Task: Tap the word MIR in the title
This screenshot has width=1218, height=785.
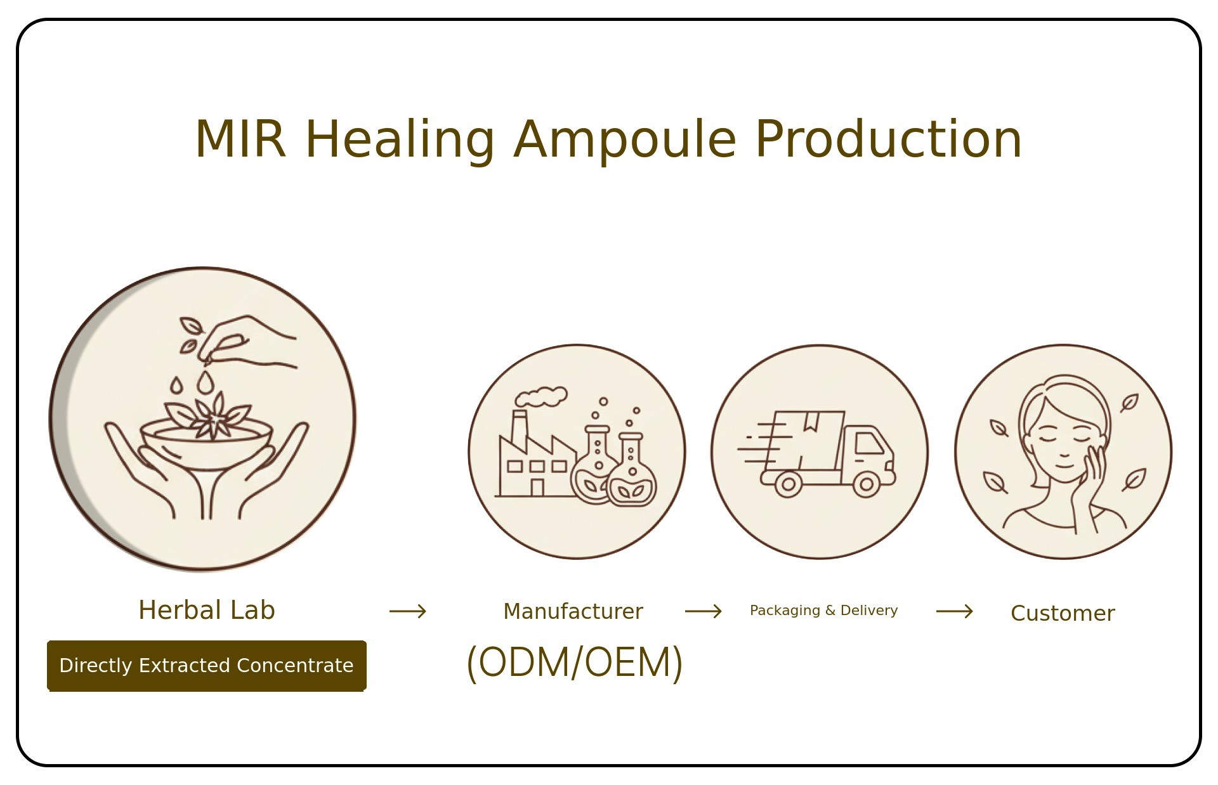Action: pyautogui.click(x=240, y=139)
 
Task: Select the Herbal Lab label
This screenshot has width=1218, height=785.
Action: pyautogui.click(x=207, y=610)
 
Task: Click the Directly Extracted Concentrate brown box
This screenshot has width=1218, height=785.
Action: pyautogui.click(x=207, y=666)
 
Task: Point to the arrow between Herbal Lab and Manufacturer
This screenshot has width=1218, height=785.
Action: pyautogui.click(x=408, y=611)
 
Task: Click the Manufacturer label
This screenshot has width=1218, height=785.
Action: pyautogui.click(x=573, y=611)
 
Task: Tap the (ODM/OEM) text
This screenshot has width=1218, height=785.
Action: pyautogui.click(x=575, y=663)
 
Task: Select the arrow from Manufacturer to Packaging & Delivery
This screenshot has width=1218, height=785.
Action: pyautogui.click(x=704, y=611)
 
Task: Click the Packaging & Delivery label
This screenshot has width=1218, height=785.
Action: pyautogui.click(x=823, y=611)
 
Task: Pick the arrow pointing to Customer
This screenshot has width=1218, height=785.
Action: pyautogui.click(x=955, y=611)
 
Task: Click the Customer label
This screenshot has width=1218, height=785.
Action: pyautogui.click(x=1063, y=613)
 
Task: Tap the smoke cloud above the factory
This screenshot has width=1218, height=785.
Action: pyautogui.click(x=540, y=396)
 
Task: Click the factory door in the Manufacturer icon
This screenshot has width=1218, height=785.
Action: pyautogui.click(x=537, y=487)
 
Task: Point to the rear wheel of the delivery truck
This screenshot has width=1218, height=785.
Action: pyautogui.click(x=788, y=484)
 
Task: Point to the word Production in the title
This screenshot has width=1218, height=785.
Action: pyautogui.click(x=889, y=139)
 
